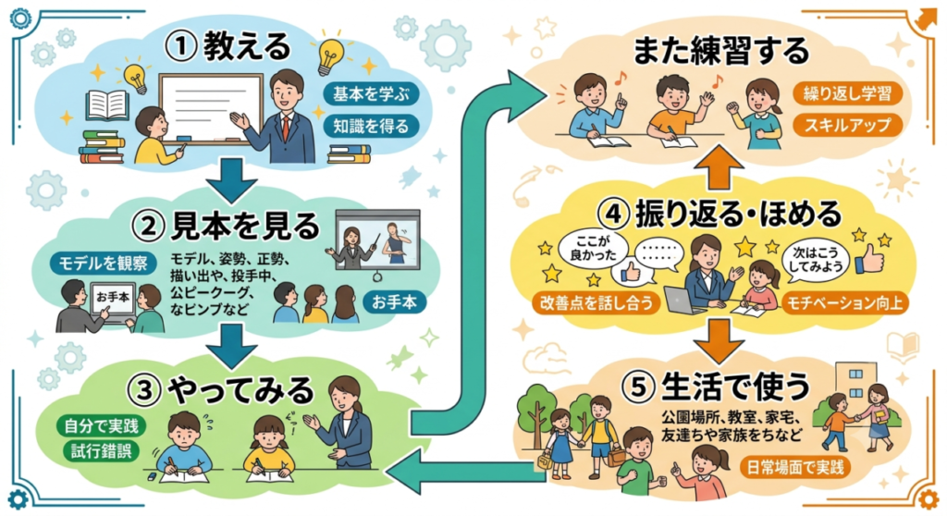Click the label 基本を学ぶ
point(371,93)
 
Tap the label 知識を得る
point(371,127)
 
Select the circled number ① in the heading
point(180,48)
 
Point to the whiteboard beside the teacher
point(211,109)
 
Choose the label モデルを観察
point(103,263)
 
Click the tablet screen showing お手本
point(112,297)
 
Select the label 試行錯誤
point(101,451)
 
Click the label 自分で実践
point(101,425)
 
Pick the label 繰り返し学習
point(847,93)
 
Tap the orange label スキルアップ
point(847,125)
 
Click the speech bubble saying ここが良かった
point(592,249)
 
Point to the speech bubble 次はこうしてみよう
point(816,261)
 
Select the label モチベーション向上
point(844,302)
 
